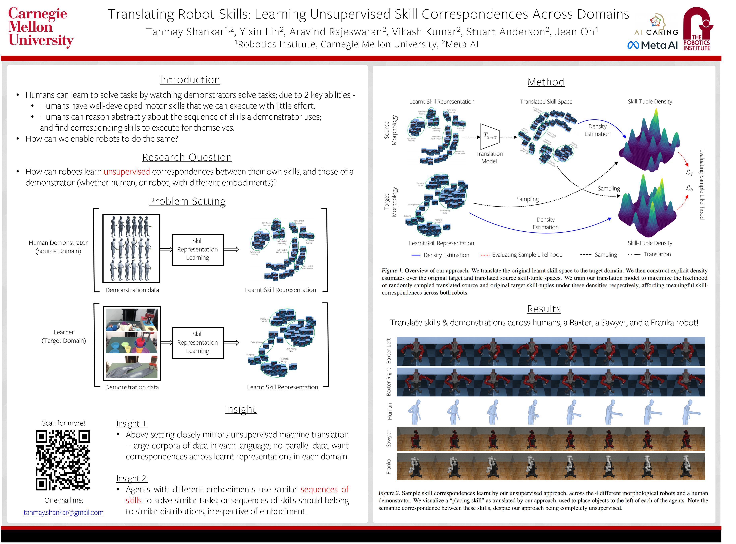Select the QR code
63,460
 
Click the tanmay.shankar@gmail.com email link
64,512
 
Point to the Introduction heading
190,80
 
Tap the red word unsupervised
127,172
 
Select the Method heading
546,82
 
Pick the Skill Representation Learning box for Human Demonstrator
198,250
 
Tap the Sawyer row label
389,439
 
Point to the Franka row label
389,466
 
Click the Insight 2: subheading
132,478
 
